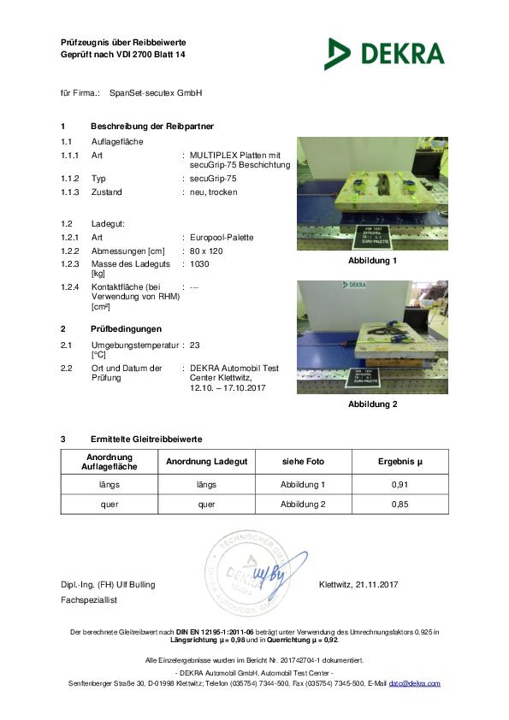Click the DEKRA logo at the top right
384,53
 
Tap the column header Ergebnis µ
400,462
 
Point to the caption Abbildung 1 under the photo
372,260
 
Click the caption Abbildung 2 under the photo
372,404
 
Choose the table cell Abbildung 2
303,505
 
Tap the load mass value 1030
199,264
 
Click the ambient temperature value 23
194,344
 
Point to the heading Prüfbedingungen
126,328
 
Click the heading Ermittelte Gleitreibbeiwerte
146,439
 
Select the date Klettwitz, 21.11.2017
358,585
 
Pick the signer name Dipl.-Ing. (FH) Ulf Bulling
108,585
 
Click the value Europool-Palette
222,237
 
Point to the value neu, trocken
214,192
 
